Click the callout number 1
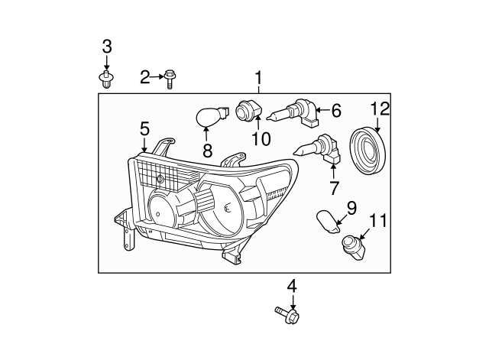click(x=258, y=77)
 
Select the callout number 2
click(x=145, y=76)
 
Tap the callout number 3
click(x=106, y=47)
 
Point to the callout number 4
click(x=291, y=287)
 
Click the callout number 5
click(x=144, y=129)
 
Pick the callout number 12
click(x=380, y=109)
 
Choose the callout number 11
click(x=378, y=222)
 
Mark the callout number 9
click(x=352, y=206)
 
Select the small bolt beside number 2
click(x=169, y=77)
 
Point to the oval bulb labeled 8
click(x=207, y=118)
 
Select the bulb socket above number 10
click(x=249, y=112)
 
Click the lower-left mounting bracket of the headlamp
click(x=122, y=229)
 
